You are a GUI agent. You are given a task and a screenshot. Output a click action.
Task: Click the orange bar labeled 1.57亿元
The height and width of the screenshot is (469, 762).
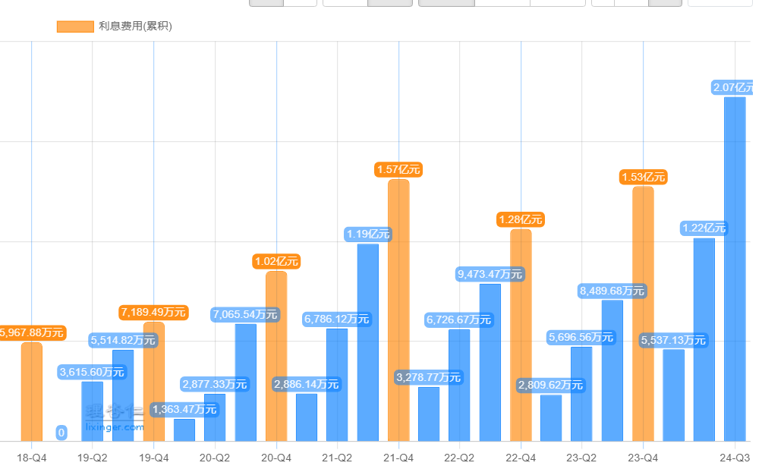(398, 311)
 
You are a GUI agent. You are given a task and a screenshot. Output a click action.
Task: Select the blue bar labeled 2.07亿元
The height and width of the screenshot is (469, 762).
(734, 269)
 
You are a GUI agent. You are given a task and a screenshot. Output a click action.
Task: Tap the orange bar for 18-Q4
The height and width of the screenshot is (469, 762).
(32, 392)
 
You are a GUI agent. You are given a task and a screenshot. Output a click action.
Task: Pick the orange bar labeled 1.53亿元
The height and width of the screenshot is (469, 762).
(643, 314)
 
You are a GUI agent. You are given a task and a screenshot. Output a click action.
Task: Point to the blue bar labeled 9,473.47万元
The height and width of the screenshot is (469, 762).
(490, 363)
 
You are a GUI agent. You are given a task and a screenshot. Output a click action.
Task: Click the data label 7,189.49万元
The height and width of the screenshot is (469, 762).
(154, 312)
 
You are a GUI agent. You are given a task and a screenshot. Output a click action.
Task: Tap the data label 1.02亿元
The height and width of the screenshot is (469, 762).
(276, 261)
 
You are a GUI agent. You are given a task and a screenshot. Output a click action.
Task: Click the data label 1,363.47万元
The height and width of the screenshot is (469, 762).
(184, 410)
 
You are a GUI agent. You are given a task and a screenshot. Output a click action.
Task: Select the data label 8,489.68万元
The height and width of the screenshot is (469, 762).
(612, 291)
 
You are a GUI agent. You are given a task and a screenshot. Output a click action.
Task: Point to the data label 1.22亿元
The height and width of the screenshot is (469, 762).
(704, 228)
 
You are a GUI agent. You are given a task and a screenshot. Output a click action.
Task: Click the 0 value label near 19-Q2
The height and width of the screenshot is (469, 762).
(61, 433)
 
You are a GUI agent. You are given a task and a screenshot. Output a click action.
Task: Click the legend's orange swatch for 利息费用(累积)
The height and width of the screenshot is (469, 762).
(75, 27)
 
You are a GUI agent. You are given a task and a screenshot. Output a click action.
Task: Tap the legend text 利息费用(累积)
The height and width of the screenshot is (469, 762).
(135, 27)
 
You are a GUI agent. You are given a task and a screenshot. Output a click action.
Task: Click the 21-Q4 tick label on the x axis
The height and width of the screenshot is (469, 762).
(398, 458)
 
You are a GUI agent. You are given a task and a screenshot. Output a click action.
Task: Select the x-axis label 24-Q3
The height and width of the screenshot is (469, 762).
(735, 458)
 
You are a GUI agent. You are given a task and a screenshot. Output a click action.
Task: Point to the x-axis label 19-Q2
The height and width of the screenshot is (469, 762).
(93, 458)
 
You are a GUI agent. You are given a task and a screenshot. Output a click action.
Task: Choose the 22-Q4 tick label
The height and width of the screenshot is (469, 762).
(521, 458)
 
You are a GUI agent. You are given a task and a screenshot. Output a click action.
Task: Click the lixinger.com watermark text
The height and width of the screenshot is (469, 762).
(115, 427)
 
